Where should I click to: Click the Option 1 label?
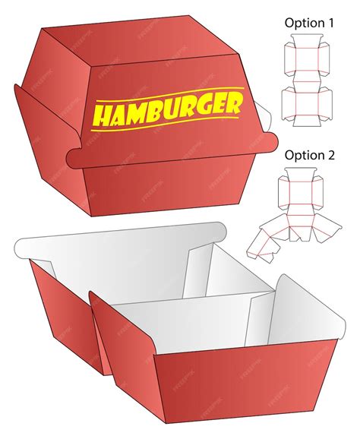tap(309, 23)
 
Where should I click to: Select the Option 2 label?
tap(309, 155)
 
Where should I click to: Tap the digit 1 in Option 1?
tap(330, 23)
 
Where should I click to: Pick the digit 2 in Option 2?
tap(330, 155)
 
